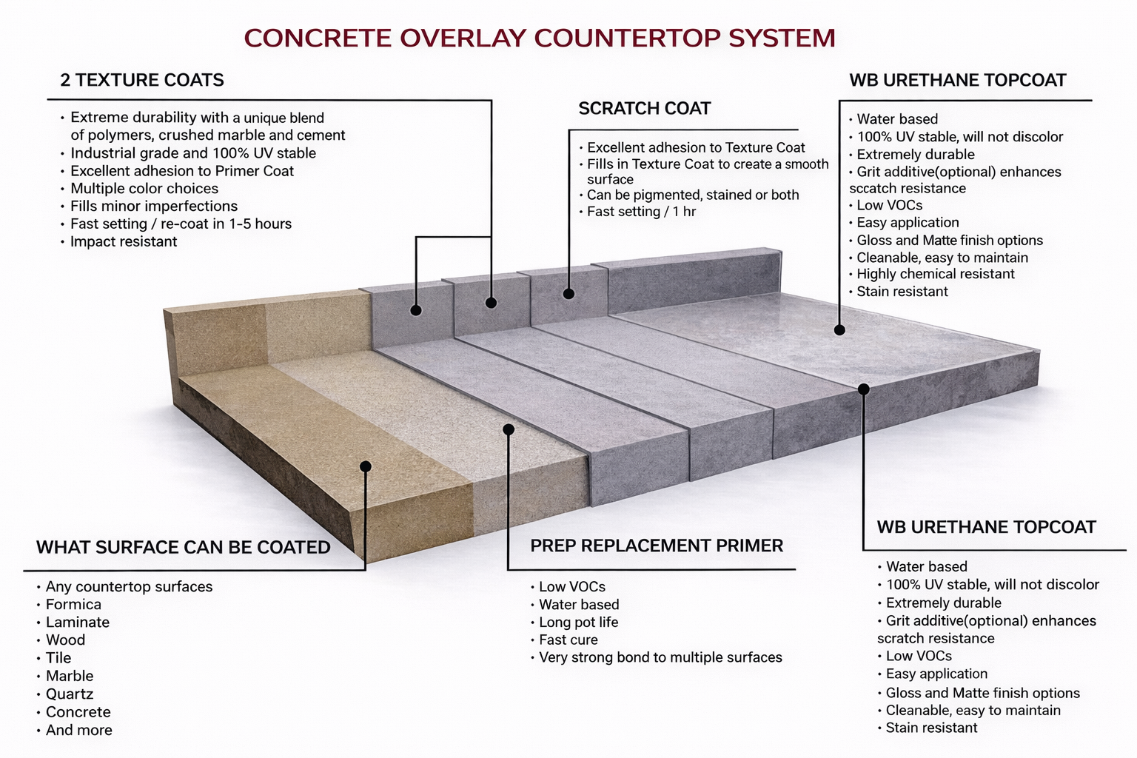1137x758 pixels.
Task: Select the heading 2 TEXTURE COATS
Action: [142, 80]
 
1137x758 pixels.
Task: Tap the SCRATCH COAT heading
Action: [644, 109]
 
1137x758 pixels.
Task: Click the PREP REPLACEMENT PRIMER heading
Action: [657, 546]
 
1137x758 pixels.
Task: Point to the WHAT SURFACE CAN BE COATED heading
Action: [184, 547]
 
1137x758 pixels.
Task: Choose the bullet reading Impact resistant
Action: [123, 241]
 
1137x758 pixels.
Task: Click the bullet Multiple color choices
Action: [144, 189]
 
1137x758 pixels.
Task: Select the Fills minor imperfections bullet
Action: [153, 207]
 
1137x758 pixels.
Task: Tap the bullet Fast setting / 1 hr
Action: [641, 212]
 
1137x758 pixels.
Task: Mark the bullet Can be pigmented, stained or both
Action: [692, 195]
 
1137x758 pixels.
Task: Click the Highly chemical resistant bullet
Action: [935, 274]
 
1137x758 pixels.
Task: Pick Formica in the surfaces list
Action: [73, 605]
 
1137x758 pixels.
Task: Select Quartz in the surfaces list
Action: [70, 694]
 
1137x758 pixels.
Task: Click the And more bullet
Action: [78, 730]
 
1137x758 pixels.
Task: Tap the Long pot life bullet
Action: [578, 623]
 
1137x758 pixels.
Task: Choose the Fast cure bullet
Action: [568, 640]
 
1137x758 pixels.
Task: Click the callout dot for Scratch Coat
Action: [568, 294]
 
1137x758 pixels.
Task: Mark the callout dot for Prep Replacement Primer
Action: [509, 429]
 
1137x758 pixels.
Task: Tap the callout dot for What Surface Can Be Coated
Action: [366, 466]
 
